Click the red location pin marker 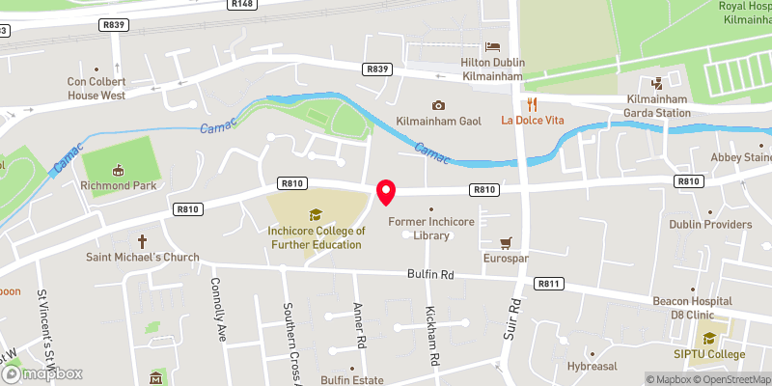coord(386,191)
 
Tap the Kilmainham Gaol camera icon coord(439,105)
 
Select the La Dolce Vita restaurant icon coord(531,104)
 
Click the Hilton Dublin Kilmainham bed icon coord(493,46)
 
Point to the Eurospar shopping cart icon coord(505,243)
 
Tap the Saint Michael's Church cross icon coord(142,240)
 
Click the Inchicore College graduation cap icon coord(316,214)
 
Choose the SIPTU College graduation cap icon coord(710,338)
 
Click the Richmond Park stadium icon coord(119,171)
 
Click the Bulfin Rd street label coord(430,275)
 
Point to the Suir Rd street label coord(515,317)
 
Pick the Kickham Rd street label coord(433,336)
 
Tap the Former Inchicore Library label coord(430,229)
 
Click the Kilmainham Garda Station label coord(658,106)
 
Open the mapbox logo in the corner coord(41,373)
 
